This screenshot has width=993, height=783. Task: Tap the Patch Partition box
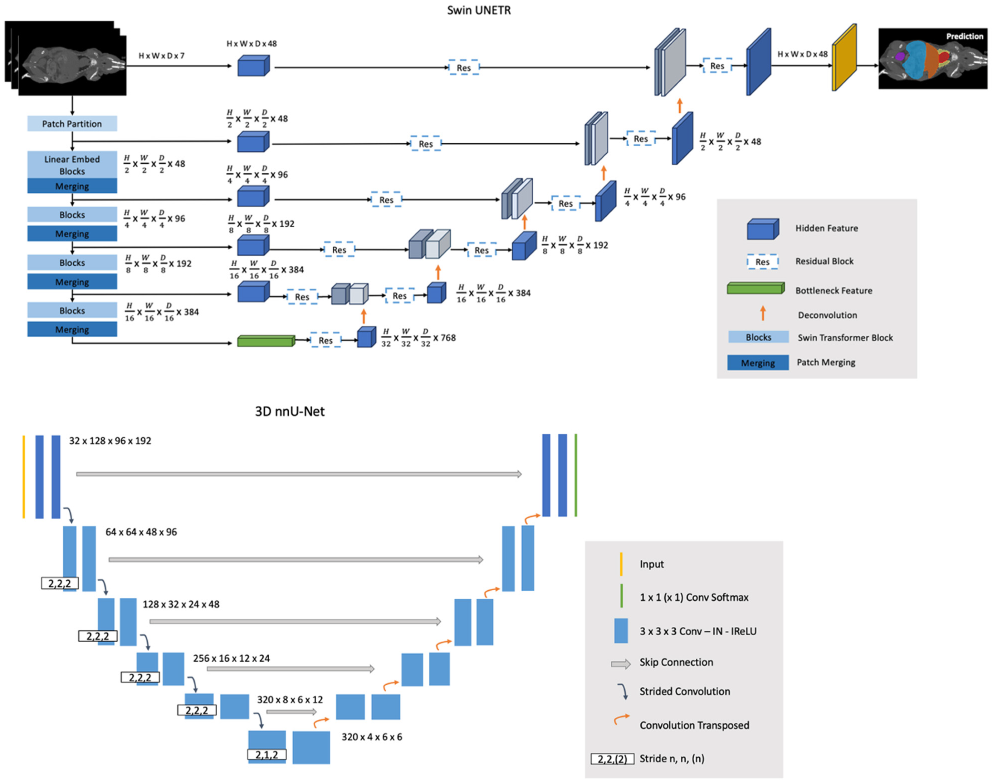(72, 124)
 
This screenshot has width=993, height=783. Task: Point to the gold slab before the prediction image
(844, 57)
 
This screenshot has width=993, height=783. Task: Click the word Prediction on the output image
(964, 36)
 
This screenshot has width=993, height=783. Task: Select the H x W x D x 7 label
(161, 55)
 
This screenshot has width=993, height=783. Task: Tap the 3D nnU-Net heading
(289, 411)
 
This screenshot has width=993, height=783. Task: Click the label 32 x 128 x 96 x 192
(110, 440)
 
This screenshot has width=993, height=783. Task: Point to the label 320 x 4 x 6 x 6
(372, 737)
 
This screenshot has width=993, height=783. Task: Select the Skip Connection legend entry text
(676, 662)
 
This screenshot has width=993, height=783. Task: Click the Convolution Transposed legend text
(694, 725)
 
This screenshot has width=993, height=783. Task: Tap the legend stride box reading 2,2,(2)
(612, 759)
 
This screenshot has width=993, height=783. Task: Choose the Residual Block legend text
(824, 261)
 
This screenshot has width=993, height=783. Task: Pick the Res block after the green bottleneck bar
(325, 340)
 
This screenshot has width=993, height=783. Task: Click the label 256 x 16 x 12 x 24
(231, 658)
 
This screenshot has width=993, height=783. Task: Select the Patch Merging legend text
(826, 362)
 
